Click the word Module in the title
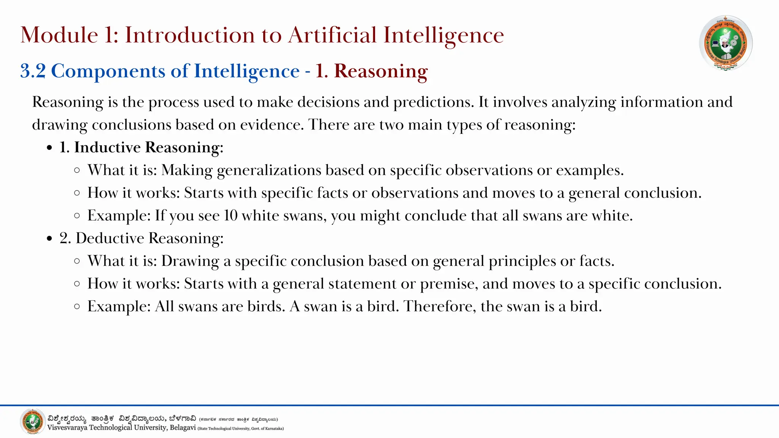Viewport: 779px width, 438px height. pyautogui.click(x=59, y=35)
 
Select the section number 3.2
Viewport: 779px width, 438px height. pyautogui.click(x=33, y=71)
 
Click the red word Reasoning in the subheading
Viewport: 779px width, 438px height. pyautogui.click(x=381, y=71)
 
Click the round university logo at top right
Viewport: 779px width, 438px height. pyautogui.click(x=726, y=43)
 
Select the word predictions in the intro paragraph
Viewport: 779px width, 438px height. pyautogui.click(x=434, y=102)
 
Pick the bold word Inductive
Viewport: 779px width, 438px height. pyautogui.click(x=107, y=148)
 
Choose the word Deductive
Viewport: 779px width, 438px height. pyautogui.click(x=110, y=238)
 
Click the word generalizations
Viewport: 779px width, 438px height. pyautogui.click(x=269, y=170)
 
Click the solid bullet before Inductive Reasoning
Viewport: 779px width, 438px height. pyautogui.click(x=49, y=148)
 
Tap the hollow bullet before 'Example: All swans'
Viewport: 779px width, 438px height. pyautogui.click(x=77, y=306)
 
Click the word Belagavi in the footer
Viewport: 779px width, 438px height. pyautogui.click(x=183, y=428)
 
